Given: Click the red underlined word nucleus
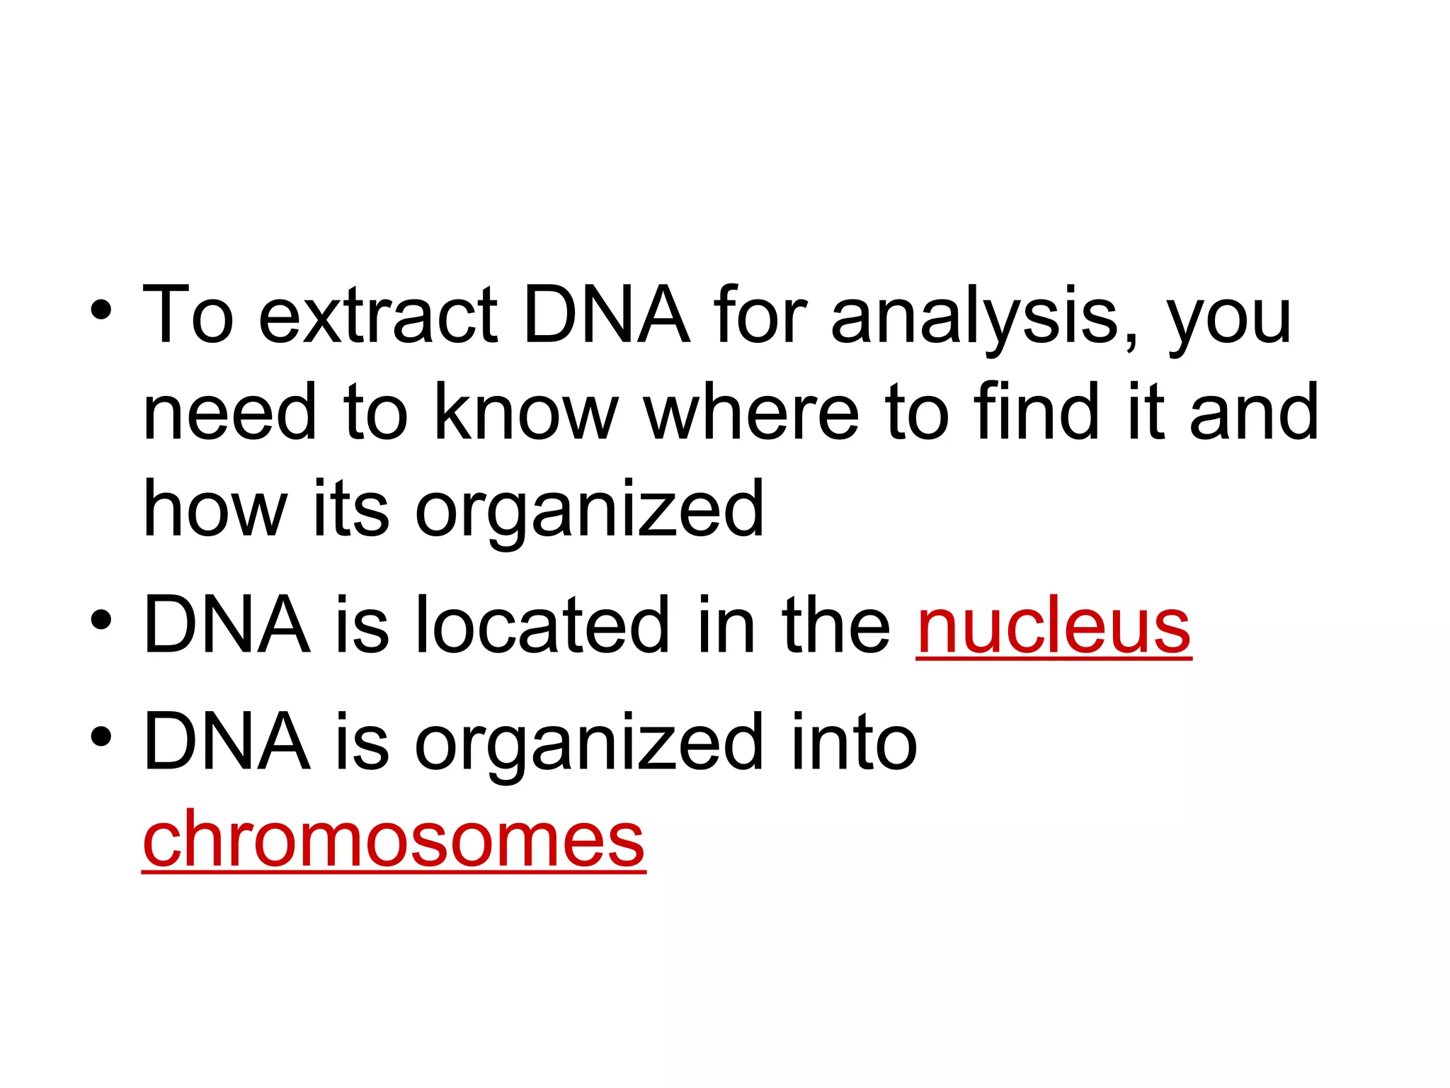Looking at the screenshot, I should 1054,626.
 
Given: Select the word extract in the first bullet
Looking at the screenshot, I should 378,315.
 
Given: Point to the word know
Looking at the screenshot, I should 525,412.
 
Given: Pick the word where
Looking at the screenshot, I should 750,412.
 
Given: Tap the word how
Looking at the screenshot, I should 215,509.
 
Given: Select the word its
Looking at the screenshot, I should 350,509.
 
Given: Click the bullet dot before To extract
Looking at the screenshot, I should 101,310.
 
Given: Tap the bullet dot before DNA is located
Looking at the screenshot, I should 101,620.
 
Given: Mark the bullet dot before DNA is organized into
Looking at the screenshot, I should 101,737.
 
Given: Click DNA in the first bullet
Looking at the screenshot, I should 606,315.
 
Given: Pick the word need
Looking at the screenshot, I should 229,412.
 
